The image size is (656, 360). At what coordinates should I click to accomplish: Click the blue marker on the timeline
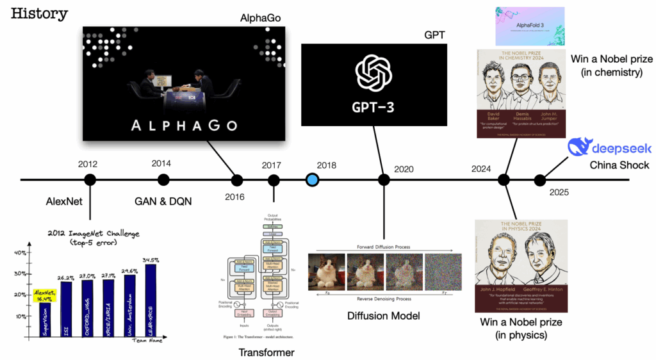pos(312,180)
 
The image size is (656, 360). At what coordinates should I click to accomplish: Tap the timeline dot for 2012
pos(90,180)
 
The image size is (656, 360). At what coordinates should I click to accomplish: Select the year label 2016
pos(234,197)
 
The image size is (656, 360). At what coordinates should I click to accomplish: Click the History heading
pos(40,13)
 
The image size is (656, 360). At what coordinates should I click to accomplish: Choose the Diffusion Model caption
pos(384,315)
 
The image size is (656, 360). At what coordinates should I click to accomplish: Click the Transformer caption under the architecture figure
pos(266,352)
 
